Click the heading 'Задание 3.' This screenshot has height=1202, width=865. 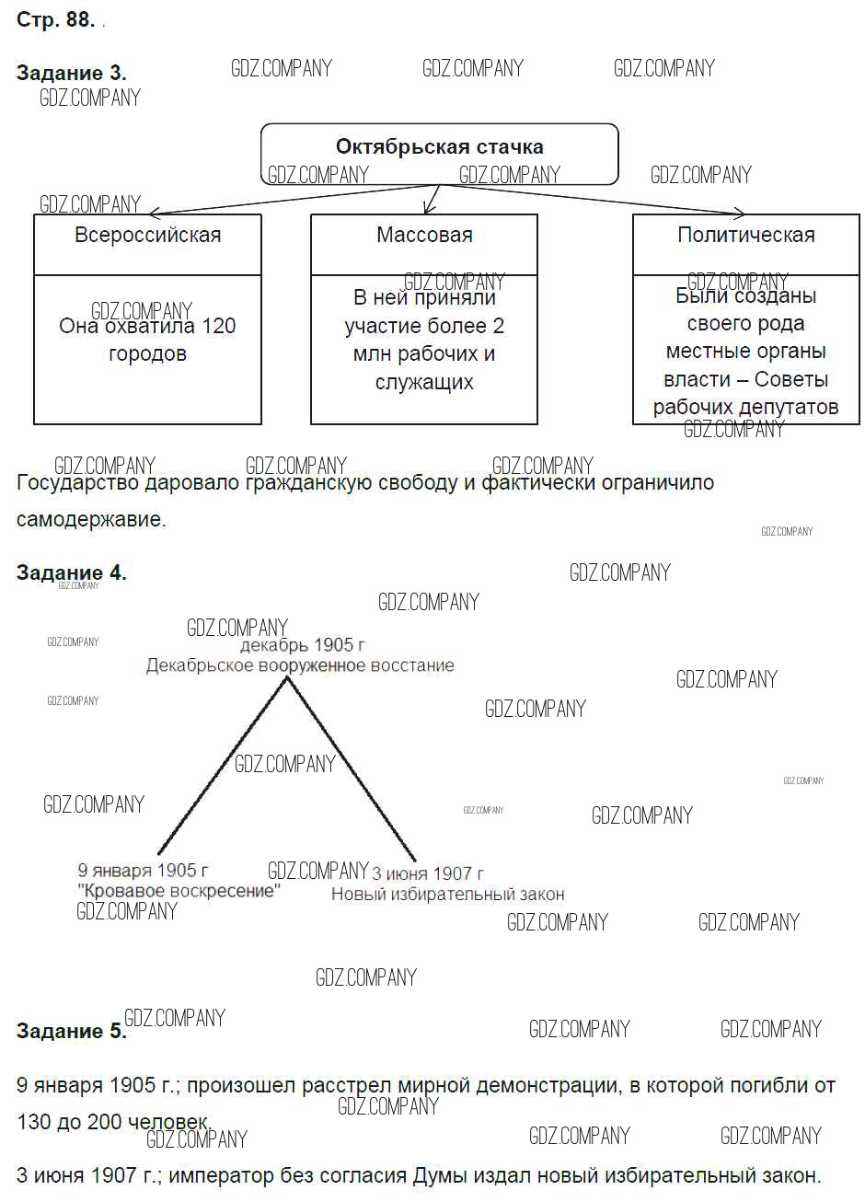pyautogui.click(x=71, y=74)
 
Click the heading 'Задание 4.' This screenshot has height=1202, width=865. pyautogui.click(x=71, y=572)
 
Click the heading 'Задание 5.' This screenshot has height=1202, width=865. pyautogui.click(x=71, y=1031)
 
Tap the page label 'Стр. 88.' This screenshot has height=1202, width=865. pyautogui.click(x=55, y=20)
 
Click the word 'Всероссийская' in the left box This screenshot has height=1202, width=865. pyautogui.click(x=147, y=235)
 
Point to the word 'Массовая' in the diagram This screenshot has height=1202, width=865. pyautogui.click(x=424, y=235)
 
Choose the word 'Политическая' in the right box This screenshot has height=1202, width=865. pyautogui.click(x=745, y=235)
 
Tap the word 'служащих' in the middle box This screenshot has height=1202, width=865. pyautogui.click(x=424, y=382)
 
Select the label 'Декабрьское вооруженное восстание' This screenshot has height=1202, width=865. pyautogui.click(x=300, y=665)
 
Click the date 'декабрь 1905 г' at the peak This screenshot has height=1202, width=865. pyautogui.click(x=302, y=645)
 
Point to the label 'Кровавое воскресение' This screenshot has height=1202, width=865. pyautogui.click(x=179, y=891)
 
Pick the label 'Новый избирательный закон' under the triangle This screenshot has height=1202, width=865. pyautogui.click(x=447, y=894)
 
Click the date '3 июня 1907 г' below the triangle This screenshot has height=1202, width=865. pyautogui.click(x=427, y=873)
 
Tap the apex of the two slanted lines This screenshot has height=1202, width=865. pyautogui.click(x=287, y=678)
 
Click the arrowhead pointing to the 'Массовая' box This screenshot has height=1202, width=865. pyautogui.click(x=425, y=210)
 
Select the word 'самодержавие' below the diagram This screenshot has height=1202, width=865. pyautogui.click(x=90, y=519)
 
